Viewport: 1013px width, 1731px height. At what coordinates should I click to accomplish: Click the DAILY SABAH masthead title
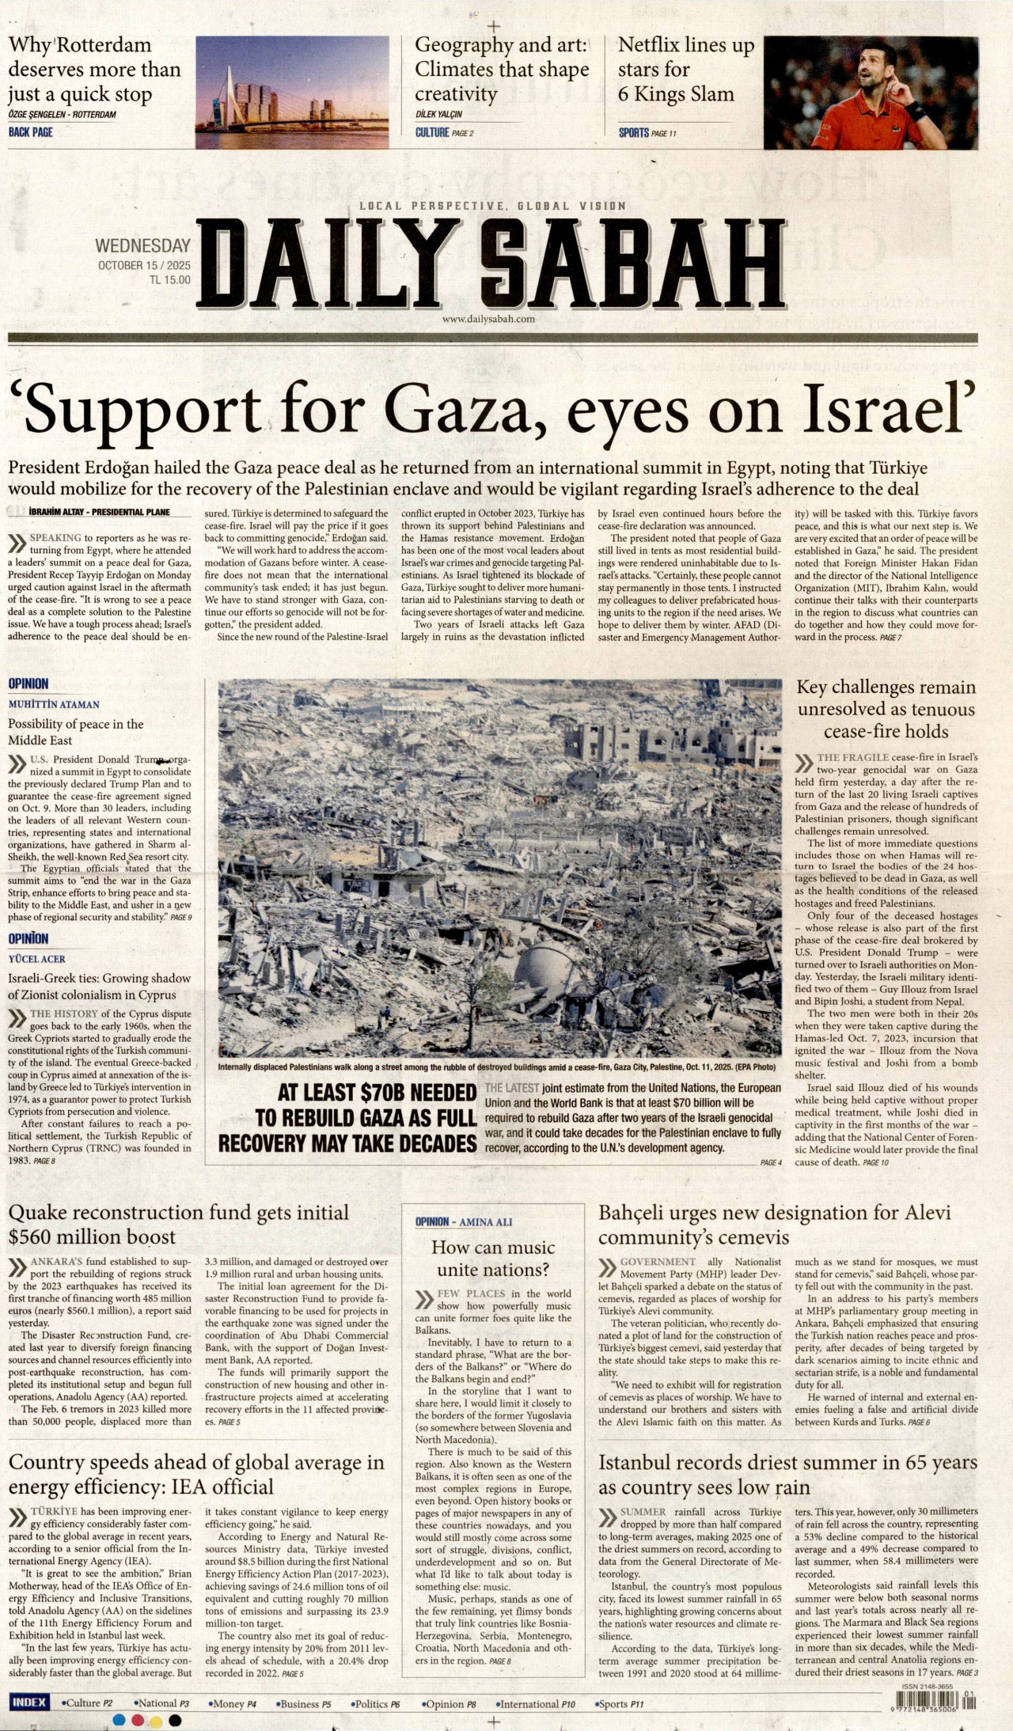point(491,265)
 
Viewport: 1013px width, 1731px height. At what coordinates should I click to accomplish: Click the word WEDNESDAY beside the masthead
point(142,246)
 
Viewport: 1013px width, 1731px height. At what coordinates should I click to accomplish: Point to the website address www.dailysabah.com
point(488,319)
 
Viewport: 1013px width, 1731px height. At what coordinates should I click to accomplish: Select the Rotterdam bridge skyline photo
point(291,92)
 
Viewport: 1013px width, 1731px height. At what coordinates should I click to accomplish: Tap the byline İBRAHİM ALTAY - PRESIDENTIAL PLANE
point(99,512)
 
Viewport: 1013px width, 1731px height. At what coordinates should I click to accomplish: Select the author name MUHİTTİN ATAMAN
point(54,704)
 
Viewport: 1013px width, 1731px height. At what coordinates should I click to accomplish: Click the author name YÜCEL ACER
point(36,959)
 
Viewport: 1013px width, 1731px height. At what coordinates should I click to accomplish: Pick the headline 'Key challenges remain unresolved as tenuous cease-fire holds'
point(886,709)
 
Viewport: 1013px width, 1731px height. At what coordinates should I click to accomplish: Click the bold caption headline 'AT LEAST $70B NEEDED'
point(377,1093)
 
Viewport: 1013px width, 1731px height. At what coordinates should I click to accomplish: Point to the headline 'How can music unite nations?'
point(493,1258)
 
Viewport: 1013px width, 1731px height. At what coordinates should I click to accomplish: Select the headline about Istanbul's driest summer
point(787,1475)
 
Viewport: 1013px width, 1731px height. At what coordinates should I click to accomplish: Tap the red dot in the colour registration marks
point(137,1720)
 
